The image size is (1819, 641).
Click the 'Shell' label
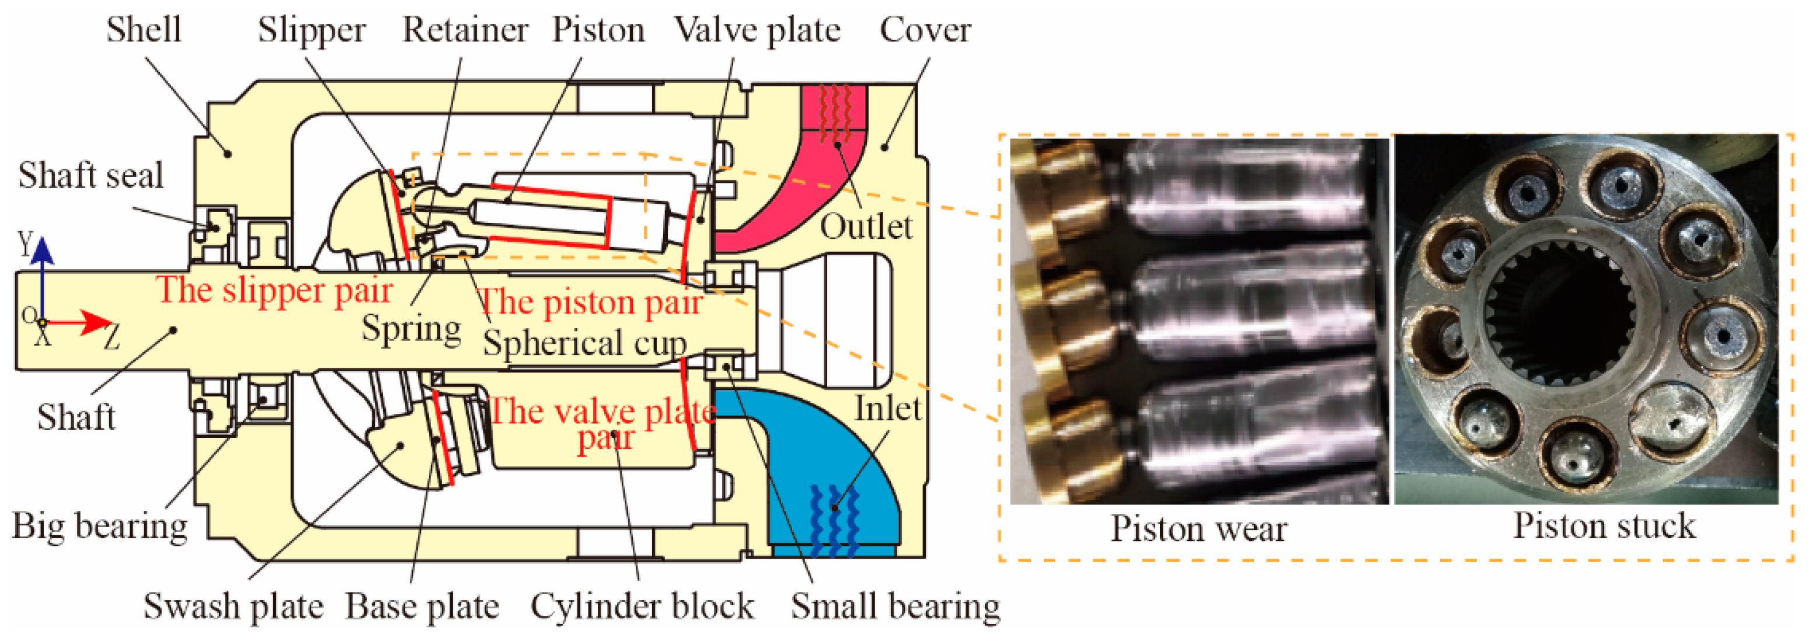[x=144, y=30]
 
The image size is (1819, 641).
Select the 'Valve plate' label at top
[x=757, y=30]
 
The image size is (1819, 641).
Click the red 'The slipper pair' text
[x=274, y=290]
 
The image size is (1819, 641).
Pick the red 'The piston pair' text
[x=590, y=303]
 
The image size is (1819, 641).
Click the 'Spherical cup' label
[x=585, y=344]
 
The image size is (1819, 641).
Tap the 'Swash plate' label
[x=233, y=606]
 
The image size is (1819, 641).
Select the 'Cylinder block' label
[x=642, y=606]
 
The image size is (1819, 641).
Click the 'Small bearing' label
[x=895, y=606]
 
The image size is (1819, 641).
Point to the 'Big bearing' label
[x=100, y=526]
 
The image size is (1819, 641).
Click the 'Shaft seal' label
[x=90, y=175]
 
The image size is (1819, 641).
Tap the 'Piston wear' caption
[x=1198, y=528]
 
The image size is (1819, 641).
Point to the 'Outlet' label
[x=866, y=227]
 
